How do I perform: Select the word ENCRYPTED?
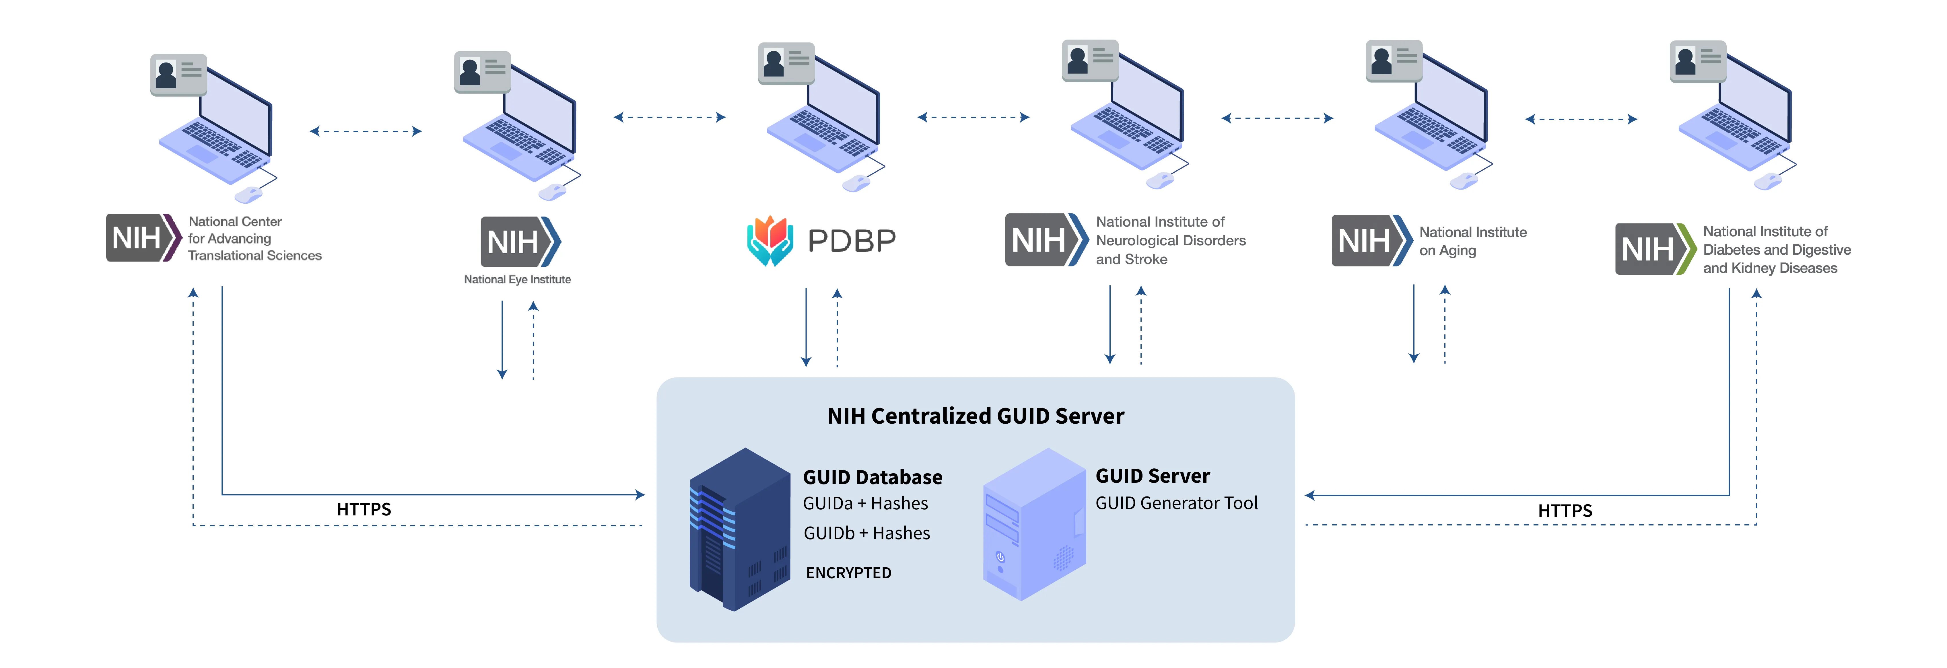pyautogui.click(x=848, y=573)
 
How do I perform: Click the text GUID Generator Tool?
pyautogui.click(x=1176, y=503)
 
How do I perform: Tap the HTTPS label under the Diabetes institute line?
pyautogui.click(x=1565, y=511)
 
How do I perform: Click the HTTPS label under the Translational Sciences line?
pyautogui.click(x=364, y=509)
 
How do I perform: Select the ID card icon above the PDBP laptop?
pyautogui.click(x=786, y=63)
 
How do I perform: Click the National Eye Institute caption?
pyautogui.click(x=517, y=280)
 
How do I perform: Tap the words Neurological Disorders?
pyautogui.click(x=1170, y=240)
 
